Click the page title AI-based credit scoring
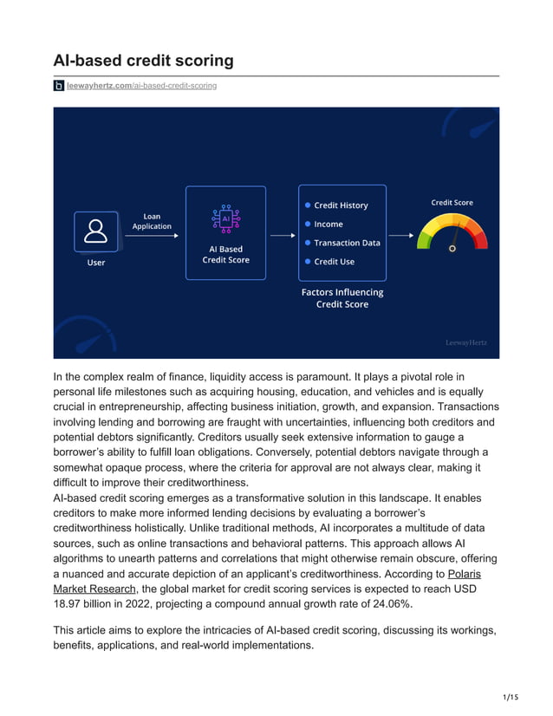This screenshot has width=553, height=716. click(144, 61)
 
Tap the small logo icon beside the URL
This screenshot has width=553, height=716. click(59, 86)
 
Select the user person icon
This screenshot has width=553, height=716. click(96, 231)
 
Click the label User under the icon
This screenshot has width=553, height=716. click(96, 263)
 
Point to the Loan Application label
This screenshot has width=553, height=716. click(152, 222)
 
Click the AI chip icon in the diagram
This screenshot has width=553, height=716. click(225, 218)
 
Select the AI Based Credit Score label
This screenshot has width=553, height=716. click(225, 255)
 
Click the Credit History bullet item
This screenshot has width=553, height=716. click(341, 205)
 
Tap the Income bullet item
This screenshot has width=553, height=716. click(329, 225)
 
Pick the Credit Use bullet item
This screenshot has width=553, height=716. click(334, 262)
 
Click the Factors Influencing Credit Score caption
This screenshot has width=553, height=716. click(342, 298)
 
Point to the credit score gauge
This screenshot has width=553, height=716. click(452, 233)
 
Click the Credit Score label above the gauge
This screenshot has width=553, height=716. click(452, 203)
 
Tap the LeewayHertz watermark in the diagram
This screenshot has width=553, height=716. click(465, 342)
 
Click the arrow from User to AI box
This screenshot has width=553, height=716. click(152, 234)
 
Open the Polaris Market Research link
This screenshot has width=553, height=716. click(464, 574)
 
